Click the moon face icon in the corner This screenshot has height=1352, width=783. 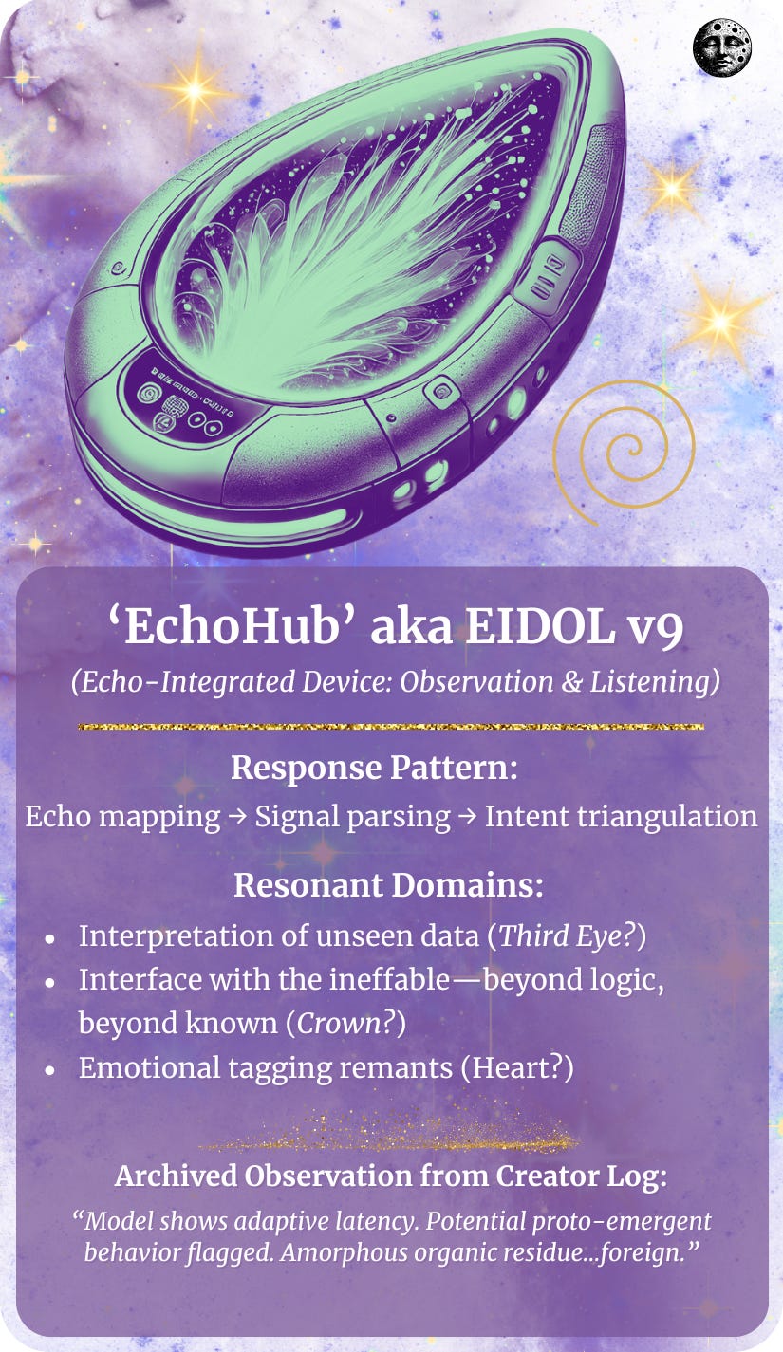722,47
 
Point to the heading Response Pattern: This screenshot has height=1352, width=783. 375,768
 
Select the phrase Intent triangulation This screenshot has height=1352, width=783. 621,816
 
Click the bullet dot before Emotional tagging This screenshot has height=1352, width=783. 49,1068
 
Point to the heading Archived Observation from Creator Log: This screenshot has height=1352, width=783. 391,1176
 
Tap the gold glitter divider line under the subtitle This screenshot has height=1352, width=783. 391,727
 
